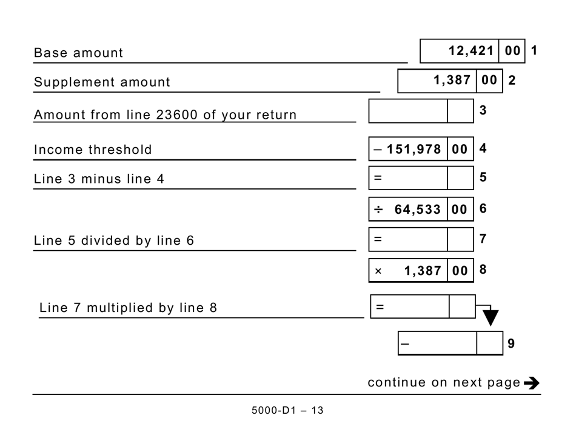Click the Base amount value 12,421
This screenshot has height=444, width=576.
point(471,51)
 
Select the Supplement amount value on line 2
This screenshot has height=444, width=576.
point(452,80)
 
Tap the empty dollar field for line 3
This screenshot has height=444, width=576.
point(408,111)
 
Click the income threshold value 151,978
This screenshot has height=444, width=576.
point(414,149)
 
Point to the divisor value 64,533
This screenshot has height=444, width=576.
point(417,210)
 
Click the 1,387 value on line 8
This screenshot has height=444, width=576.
point(423,271)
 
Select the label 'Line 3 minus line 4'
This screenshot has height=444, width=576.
point(99,179)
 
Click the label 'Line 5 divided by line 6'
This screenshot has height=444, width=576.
point(114,240)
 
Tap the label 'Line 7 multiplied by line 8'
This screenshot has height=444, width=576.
point(128,308)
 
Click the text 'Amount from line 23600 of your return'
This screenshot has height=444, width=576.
point(165,114)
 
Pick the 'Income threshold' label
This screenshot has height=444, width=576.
point(93,150)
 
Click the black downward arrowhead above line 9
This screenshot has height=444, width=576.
point(491,318)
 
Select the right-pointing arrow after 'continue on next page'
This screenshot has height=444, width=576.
point(531,383)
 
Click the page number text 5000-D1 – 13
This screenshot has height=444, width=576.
point(287,411)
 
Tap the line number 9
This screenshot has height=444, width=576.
point(511,343)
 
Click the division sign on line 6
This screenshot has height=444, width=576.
point(378,210)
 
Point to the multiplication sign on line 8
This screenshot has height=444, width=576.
point(378,271)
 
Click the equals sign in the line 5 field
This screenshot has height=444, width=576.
point(378,178)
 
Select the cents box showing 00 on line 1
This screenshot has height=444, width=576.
point(512,51)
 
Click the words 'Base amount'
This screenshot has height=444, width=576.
point(78,53)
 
